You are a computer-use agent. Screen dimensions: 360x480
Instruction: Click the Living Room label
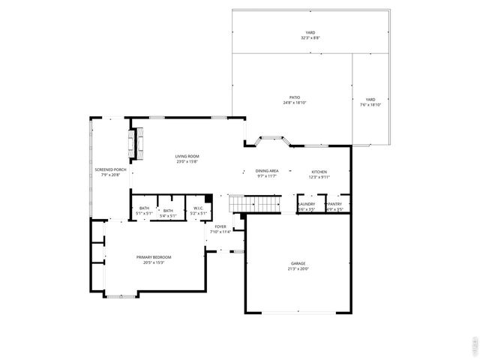187,156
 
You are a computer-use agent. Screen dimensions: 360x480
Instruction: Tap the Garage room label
298,263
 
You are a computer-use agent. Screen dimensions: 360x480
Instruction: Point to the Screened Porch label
105,169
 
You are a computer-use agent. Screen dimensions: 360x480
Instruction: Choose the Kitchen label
319,172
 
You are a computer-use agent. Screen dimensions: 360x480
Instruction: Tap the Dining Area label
267,171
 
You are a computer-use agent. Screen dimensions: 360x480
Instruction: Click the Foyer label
220,226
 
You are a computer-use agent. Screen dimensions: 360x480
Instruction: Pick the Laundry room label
307,204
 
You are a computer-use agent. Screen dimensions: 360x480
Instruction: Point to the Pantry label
334,204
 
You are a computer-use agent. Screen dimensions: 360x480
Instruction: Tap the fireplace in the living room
135,143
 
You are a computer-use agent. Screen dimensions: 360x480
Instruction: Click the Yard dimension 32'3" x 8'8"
310,37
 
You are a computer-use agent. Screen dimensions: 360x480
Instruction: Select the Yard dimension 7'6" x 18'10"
370,105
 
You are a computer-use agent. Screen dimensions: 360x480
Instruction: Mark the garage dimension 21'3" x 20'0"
298,268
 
